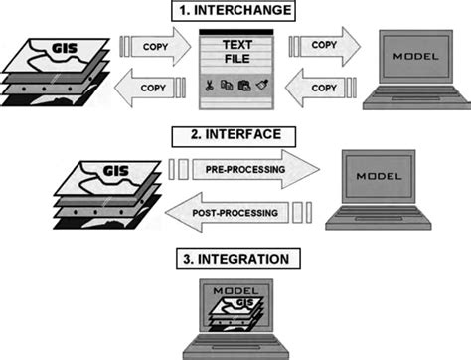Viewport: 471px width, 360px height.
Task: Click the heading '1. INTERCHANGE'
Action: coord(235,13)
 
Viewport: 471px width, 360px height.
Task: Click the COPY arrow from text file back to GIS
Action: coord(149,89)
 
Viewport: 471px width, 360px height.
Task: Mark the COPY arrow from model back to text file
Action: coord(316,89)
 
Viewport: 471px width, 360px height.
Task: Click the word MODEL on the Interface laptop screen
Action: coord(377,176)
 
